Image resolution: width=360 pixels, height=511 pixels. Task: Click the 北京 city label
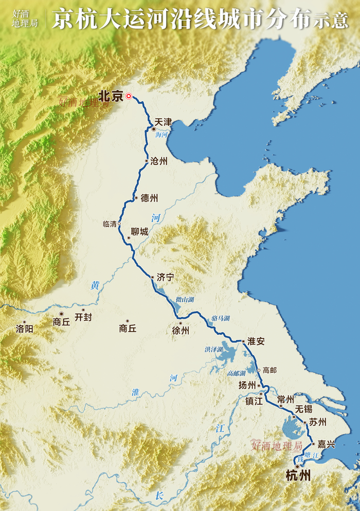(x=111, y=96)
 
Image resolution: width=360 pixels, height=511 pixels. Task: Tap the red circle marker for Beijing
(x=129, y=96)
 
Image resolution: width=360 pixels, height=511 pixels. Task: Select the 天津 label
(x=163, y=122)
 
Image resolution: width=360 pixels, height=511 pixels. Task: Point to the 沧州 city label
(x=159, y=161)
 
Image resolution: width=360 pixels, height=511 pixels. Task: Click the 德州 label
(x=149, y=198)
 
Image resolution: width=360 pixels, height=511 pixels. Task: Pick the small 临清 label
(x=110, y=224)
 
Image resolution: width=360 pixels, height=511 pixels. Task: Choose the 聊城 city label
(x=139, y=232)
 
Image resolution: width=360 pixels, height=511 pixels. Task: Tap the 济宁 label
(x=165, y=277)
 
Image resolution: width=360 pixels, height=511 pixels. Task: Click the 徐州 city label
(x=181, y=331)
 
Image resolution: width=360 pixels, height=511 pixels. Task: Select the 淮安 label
(x=256, y=341)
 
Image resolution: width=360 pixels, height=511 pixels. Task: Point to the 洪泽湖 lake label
(x=213, y=350)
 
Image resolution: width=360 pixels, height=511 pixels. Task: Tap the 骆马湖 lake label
(x=220, y=319)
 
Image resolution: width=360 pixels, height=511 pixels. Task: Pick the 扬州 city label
(x=247, y=385)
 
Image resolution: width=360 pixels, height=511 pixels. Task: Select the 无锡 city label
(x=304, y=409)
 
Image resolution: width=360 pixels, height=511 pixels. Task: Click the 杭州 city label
(x=298, y=476)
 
